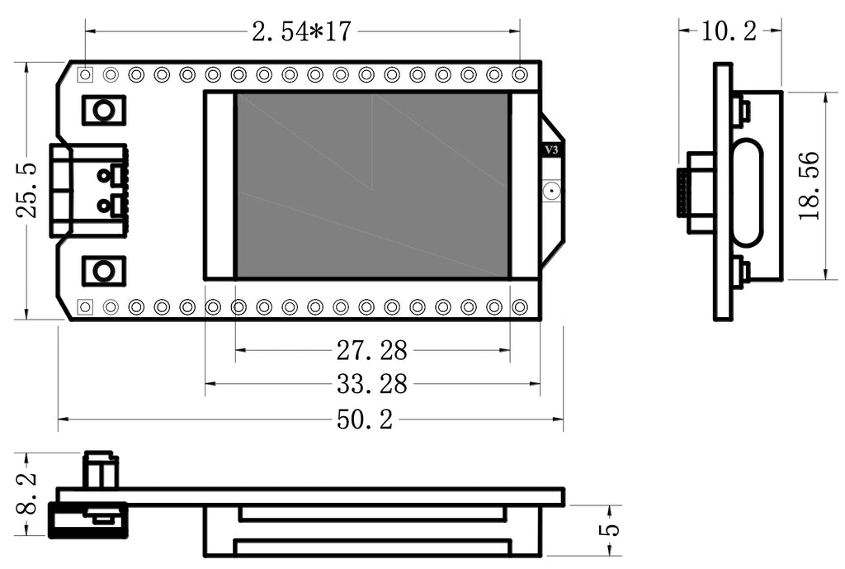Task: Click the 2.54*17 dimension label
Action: pyautogui.click(x=302, y=31)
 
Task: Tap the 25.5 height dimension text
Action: pyautogui.click(x=27, y=190)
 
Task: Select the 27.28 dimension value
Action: pyautogui.click(x=371, y=351)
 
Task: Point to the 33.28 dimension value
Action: pyautogui.click(x=371, y=384)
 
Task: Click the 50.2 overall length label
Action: pyautogui.click(x=364, y=420)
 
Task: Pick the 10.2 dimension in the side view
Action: pyautogui.click(x=729, y=31)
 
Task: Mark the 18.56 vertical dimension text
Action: pyautogui.click(x=810, y=186)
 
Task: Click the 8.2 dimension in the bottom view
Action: pyautogui.click(x=27, y=494)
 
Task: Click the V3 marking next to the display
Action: pyautogui.click(x=552, y=150)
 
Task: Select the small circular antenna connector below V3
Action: pyautogui.click(x=551, y=192)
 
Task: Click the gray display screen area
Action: pyautogui.click(x=371, y=185)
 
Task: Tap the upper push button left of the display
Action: pyautogui.click(x=103, y=110)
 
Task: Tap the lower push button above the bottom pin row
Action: pyautogui.click(x=103, y=270)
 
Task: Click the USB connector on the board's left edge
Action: pyautogui.click(x=89, y=190)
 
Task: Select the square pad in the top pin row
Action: pyautogui.click(x=85, y=75)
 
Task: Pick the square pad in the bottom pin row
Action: pyautogui.click(x=85, y=306)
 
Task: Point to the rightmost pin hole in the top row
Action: pyautogui.click(x=520, y=75)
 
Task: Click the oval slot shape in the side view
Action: pyautogui.click(x=746, y=192)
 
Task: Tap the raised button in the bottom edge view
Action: pyautogui.click(x=100, y=470)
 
